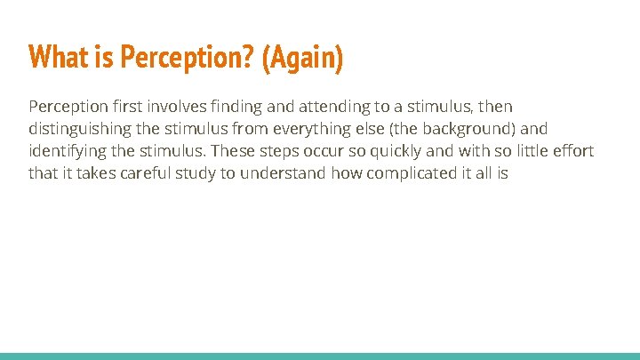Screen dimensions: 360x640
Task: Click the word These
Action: [234, 151]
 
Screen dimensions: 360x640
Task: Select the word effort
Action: [572, 151]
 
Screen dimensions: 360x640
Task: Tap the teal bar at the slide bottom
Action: [320, 356]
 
